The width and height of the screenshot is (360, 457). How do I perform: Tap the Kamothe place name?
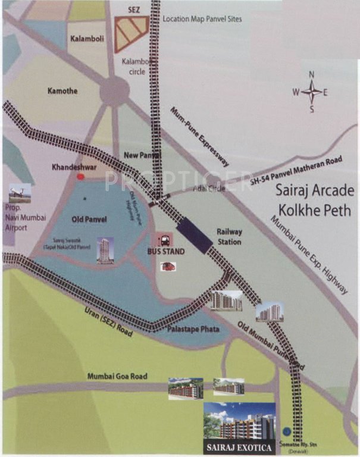tap(64, 90)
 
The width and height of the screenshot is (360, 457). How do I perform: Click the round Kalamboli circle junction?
tap(114, 92)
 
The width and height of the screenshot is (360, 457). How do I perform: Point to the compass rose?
tap(311, 92)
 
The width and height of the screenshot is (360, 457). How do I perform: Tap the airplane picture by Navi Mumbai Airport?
tap(20, 194)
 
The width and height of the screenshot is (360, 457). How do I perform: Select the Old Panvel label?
tap(89, 219)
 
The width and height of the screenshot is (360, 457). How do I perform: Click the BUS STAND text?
tap(166, 252)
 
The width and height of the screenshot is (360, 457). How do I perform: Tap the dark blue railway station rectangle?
tap(195, 233)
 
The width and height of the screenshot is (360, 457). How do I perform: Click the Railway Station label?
tap(229, 237)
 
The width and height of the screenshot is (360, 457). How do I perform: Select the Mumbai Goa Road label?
tap(117, 376)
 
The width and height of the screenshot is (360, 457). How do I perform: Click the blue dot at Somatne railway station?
tap(287, 431)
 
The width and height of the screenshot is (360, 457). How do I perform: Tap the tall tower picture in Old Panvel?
tap(105, 251)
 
